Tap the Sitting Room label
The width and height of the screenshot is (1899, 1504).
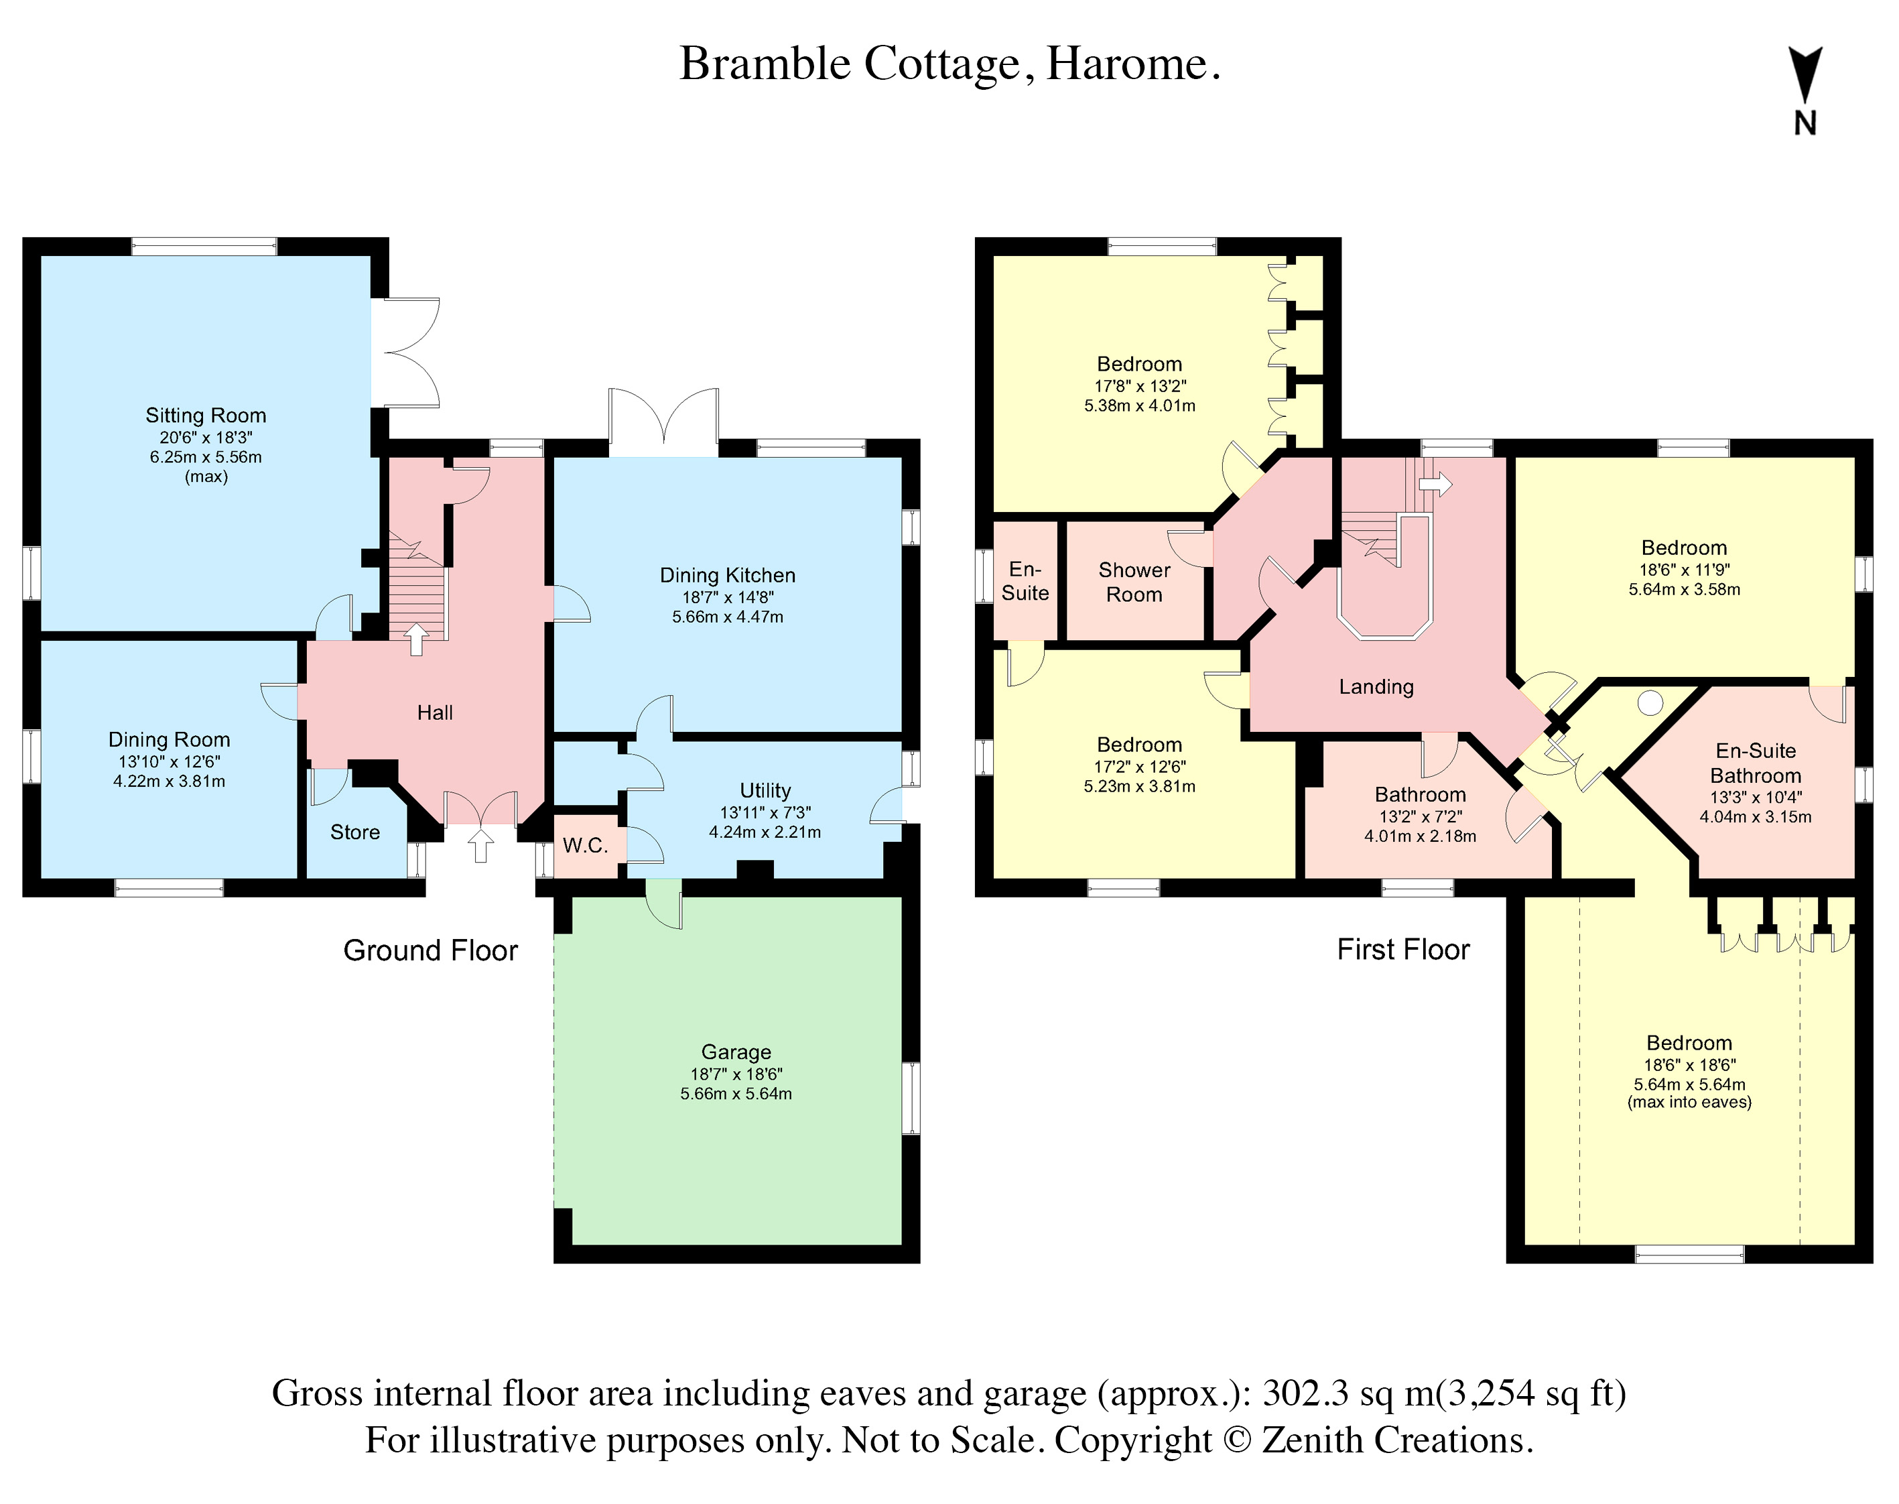[x=205, y=416]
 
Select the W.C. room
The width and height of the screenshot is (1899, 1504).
[x=586, y=847]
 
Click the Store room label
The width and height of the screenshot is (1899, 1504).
[x=354, y=832]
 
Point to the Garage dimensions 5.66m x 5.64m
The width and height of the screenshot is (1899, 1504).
[x=735, y=1094]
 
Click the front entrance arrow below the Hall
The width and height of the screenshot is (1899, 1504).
[x=480, y=847]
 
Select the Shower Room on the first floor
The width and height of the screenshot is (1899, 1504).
[x=1134, y=582]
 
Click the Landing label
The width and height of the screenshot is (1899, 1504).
[x=1376, y=687]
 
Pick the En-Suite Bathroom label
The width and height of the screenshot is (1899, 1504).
[x=1755, y=763]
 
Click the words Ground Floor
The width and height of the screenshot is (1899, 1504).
[x=430, y=951]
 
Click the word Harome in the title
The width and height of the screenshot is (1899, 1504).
[x=1131, y=64]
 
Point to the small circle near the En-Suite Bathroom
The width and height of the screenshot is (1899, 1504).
[x=1650, y=702]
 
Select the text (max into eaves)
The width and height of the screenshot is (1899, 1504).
[x=1689, y=1103]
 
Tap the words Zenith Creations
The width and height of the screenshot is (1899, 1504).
[x=1396, y=1440]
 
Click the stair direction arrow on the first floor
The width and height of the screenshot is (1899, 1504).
[x=1435, y=483]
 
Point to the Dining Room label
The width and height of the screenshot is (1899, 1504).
[x=169, y=740]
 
